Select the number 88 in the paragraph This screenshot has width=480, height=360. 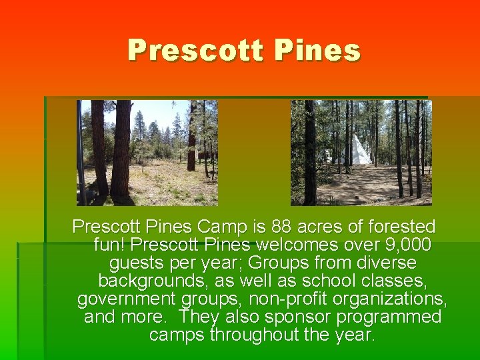point(288,227)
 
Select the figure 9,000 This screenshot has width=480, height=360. point(407,245)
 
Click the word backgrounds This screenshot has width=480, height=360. point(155,281)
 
